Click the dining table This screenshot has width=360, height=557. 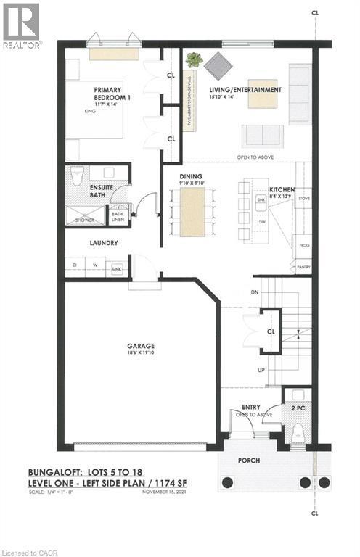tap(193, 211)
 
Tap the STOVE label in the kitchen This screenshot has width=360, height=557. tap(303, 197)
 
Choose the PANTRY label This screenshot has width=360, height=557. tap(303, 268)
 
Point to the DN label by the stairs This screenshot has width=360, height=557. tap(254, 292)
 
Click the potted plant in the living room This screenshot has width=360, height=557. tap(195, 60)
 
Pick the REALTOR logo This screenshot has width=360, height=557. tap(22, 25)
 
